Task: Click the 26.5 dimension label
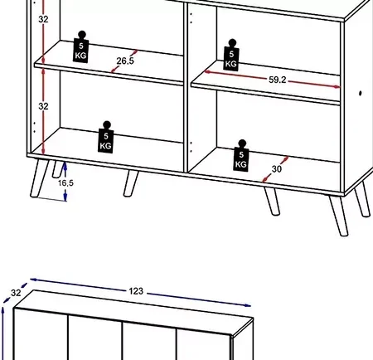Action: click(x=125, y=61)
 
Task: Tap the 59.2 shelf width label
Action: click(x=278, y=80)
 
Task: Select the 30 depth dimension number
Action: click(x=277, y=169)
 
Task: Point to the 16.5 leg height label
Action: click(x=65, y=182)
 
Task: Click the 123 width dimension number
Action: click(x=136, y=291)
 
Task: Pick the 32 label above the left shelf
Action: click(x=43, y=19)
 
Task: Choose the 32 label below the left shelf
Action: click(x=43, y=106)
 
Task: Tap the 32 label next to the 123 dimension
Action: click(x=16, y=293)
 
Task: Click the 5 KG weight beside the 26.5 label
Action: click(x=81, y=47)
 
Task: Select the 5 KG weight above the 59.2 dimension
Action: click(x=231, y=55)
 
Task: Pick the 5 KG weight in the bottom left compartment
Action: click(x=106, y=137)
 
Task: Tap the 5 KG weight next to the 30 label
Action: click(x=241, y=156)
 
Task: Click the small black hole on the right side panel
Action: click(x=361, y=94)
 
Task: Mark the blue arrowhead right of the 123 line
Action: click(x=247, y=305)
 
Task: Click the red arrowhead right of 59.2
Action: click(x=337, y=86)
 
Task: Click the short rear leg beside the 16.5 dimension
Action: click(x=57, y=169)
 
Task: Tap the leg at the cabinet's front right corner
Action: click(x=338, y=216)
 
